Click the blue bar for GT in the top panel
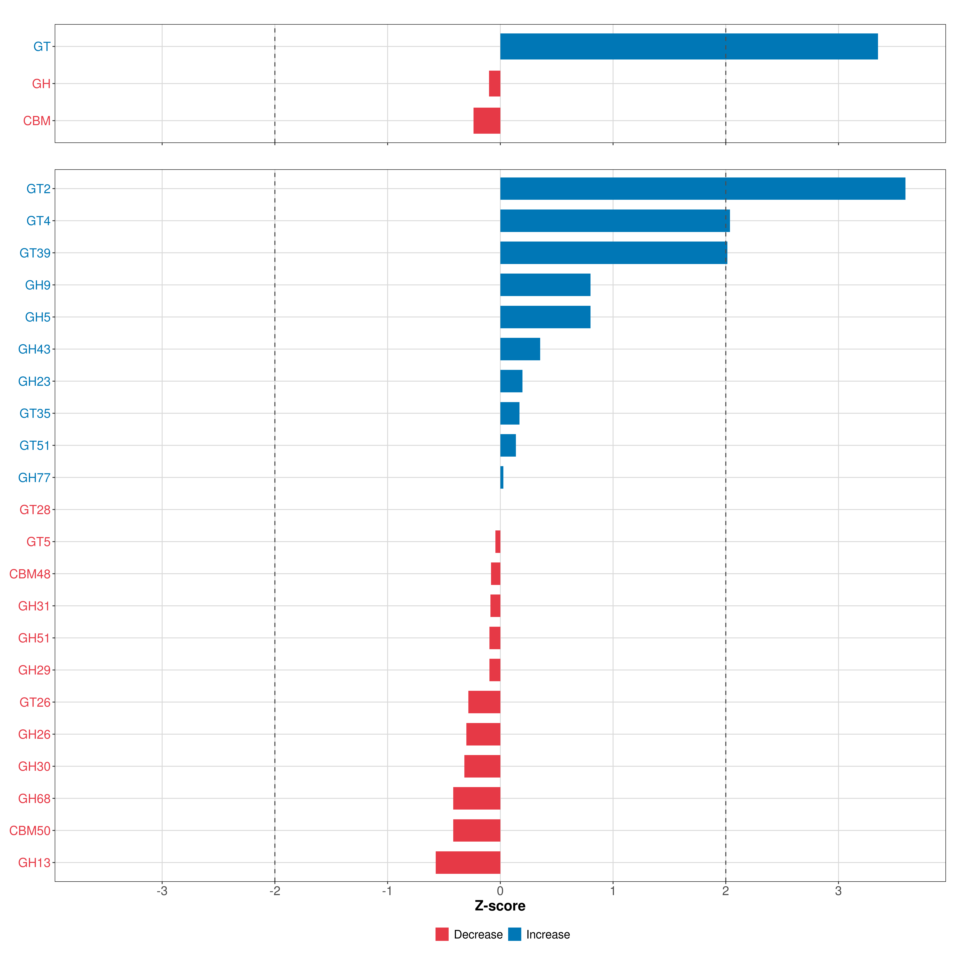(x=689, y=47)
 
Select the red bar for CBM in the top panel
(x=487, y=121)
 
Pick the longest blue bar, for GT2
(x=702, y=188)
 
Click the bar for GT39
(x=613, y=253)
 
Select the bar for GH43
(x=520, y=349)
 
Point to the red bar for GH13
(x=468, y=862)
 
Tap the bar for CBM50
(x=477, y=830)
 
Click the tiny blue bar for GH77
(x=502, y=477)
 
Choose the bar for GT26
(x=484, y=702)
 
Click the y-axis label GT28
(x=35, y=510)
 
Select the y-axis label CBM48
(x=30, y=574)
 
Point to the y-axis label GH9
(x=38, y=285)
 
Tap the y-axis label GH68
(x=34, y=798)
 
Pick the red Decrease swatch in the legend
(x=442, y=934)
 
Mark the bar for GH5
(x=545, y=317)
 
